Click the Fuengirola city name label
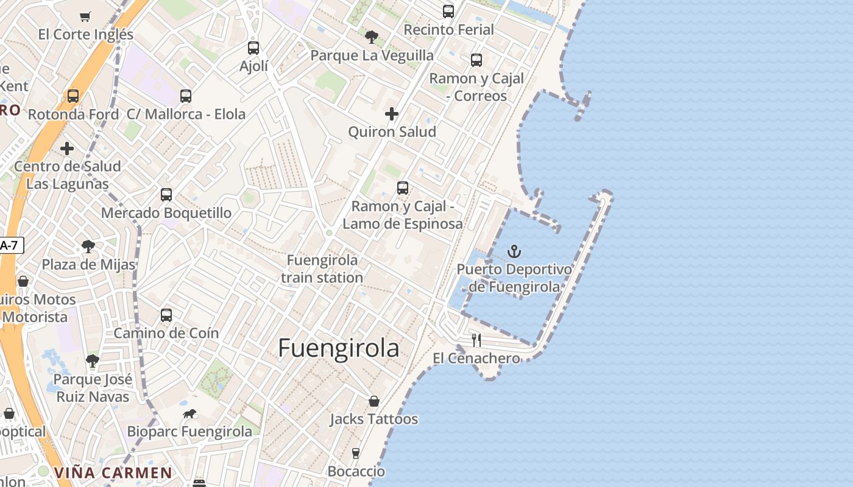tap(339, 348)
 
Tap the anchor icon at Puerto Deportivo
tap(515, 251)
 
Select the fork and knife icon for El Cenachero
tap(476, 340)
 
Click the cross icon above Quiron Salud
tap(392, 114)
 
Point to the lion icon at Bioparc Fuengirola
tap(190, 414)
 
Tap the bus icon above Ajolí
tap(253, 47)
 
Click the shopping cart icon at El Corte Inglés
tap(85, 16)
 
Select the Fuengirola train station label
tap(322, 268)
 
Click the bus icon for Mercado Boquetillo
tap(166, 195)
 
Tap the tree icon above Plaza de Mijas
tap(88, 247)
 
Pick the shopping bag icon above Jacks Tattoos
tap(374, 401)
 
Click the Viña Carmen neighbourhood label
tap(113, 472)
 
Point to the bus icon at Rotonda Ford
tap(73, 96)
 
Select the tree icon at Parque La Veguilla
tap(372, 37)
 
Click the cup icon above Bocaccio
tap(356, 453)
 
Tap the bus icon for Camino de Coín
tap(166, 315)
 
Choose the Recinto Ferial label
tap(449, 29)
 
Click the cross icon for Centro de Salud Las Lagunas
tap(67, 149)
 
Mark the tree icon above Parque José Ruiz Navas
tap(93, 362)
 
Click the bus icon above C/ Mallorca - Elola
tap(186, 96)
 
